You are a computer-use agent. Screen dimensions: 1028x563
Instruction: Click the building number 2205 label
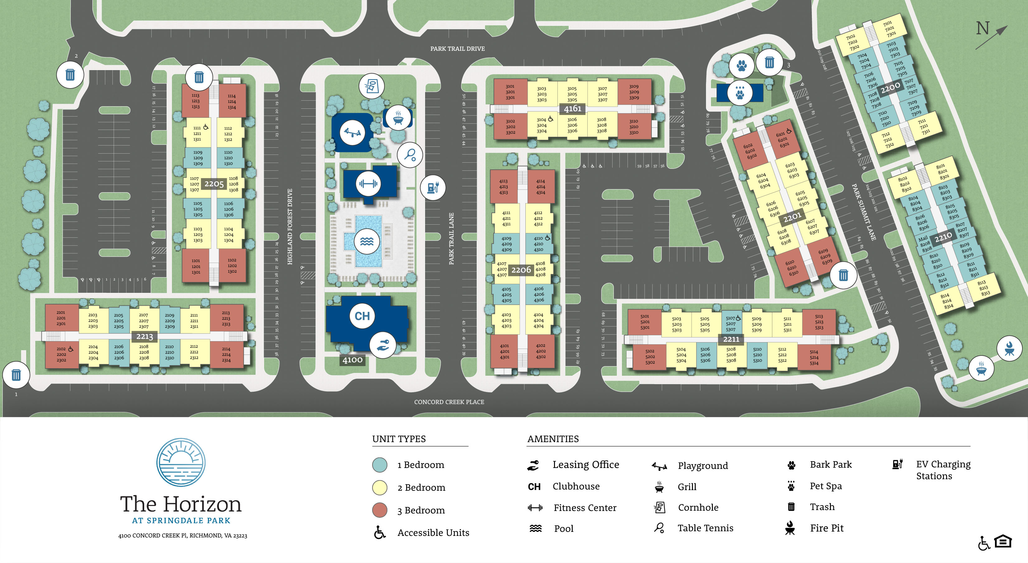coord(214,184)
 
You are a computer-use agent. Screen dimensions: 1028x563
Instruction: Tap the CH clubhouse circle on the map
coord(362,316)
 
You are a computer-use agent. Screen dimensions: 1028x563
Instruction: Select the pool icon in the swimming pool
coord(366,241)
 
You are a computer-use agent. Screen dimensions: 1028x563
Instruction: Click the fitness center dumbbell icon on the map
coord(367,184)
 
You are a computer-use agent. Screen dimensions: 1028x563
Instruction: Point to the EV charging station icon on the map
coord(433,187)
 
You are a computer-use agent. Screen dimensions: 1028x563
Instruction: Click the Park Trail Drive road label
coord(457,49)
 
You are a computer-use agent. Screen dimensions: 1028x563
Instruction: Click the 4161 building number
coord(572,109)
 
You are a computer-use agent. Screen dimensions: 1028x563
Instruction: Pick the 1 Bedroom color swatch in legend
coord(380,465)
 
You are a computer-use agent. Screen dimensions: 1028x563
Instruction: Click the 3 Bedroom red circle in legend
coord(380,510)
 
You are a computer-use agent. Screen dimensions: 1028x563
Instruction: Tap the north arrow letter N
coord(983,29)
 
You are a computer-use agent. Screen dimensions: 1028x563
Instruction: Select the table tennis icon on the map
coord(410,155)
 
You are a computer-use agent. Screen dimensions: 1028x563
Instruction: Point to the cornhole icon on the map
coord(372,86)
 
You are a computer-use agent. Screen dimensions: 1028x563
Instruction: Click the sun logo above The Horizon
coord(181,462)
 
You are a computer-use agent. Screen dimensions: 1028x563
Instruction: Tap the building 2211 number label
coord(731,339)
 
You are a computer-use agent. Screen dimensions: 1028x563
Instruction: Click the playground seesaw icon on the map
coord(353,132)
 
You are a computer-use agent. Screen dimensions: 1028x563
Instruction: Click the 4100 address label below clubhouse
coord(353,360)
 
